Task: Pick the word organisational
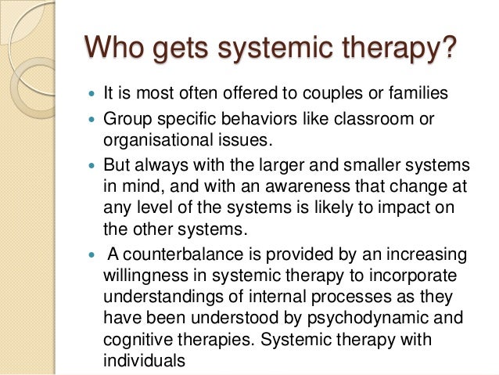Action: click(151, 139)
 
